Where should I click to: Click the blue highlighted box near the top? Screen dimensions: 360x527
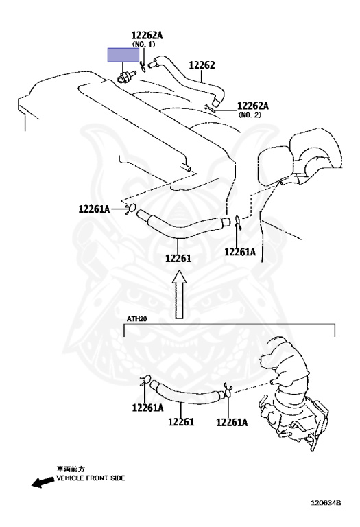click(x=123, y=55)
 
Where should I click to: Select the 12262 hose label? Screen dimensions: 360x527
click(x=202, y=65)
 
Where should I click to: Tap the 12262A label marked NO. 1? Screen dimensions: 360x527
click(x=147, y=35)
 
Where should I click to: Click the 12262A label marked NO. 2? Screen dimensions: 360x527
click(x=253, y=106)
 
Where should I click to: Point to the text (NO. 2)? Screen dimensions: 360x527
click(x=250, y=115)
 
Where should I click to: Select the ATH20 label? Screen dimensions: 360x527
click(x=136, y=318)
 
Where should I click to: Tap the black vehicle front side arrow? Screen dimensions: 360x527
click(x=43, y=482)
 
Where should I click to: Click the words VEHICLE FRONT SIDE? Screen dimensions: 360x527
click(x=91, y=478)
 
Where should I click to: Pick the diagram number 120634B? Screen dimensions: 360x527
click(x=326, y=503)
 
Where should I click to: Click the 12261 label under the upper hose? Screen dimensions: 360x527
click(x=178, y=259)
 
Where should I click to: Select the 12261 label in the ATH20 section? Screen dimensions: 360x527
click(x=181, y=421)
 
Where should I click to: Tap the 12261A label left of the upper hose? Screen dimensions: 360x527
click(x=94, y=209)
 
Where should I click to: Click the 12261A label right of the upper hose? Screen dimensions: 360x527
click(x=240, y=252)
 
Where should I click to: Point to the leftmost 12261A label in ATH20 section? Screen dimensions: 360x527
click(x=147, y=408)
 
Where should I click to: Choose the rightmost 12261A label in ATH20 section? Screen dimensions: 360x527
click(x=232, y=423)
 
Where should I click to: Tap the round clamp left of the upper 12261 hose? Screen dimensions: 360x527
click(x=131, y=209)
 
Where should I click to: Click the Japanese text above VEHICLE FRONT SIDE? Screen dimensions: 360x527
click(x=71, y=469)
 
